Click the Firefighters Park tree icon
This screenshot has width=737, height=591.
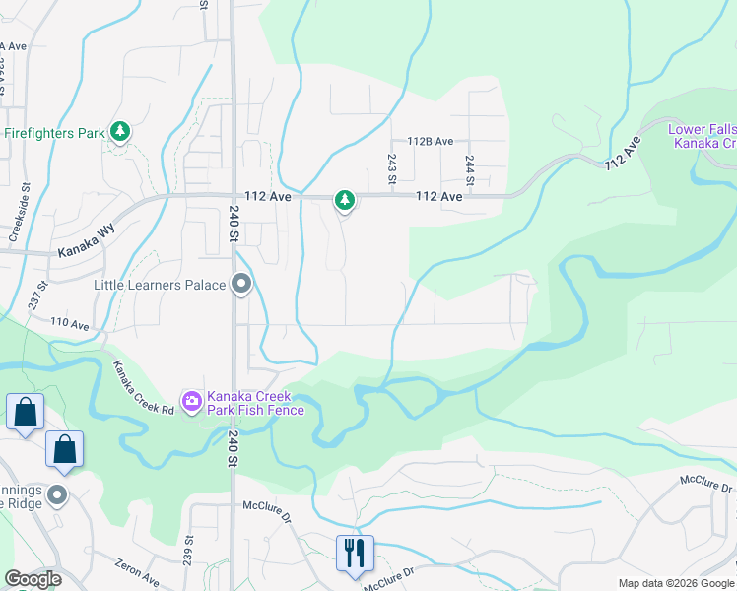point(120,132)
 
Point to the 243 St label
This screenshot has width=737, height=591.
point(391,167)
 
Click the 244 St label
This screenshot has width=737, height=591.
point(470,168)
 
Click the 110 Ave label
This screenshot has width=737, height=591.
point(70,323)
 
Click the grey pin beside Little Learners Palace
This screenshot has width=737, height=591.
point(241,285)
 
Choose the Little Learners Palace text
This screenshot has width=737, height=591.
point(160,285)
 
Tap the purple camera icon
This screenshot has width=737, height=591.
point(191,400)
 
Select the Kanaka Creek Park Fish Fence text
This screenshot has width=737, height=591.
point(255,402)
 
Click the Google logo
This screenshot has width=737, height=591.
point(33,579)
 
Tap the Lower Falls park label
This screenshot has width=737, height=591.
point(702,136)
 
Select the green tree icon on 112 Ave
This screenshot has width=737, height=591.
point(344,200)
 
